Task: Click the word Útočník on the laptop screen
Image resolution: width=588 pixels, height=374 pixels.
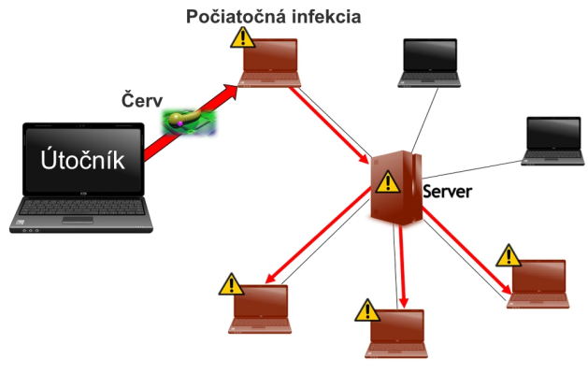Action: point(81,160)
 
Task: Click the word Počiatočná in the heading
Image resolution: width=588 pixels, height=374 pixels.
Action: point(232,17)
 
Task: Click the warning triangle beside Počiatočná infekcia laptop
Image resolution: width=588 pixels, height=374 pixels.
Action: point(242,37)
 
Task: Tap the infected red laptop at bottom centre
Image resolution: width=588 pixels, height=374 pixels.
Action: point(398,329)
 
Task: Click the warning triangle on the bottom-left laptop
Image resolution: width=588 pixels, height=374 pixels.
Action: point(230,283)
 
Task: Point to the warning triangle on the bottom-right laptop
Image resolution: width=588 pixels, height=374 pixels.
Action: point(508,254)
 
